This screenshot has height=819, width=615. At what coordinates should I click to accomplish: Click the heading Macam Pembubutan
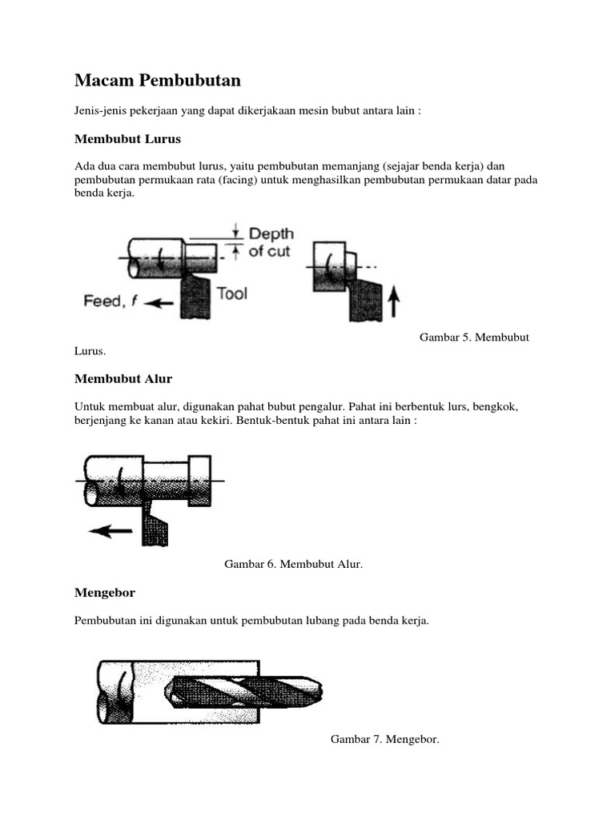tap(158, 81)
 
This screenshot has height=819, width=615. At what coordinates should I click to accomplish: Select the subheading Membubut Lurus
tap(127, 139)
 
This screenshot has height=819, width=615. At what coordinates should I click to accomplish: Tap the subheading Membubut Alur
tap(123, 378)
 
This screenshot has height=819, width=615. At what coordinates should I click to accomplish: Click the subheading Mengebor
tap(105, 593)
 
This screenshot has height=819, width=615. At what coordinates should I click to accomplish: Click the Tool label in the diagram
tap(232, 294)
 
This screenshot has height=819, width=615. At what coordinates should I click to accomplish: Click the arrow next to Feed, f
tap(162, 303)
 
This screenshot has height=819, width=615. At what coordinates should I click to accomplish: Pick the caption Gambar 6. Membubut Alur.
tap(293, 565)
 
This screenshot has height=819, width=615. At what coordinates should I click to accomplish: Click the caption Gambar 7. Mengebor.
tap(385, 740)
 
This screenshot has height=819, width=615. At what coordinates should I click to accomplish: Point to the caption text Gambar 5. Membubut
tap(474, 338)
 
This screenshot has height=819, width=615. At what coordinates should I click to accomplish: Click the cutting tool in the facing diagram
tap(365, 296)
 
